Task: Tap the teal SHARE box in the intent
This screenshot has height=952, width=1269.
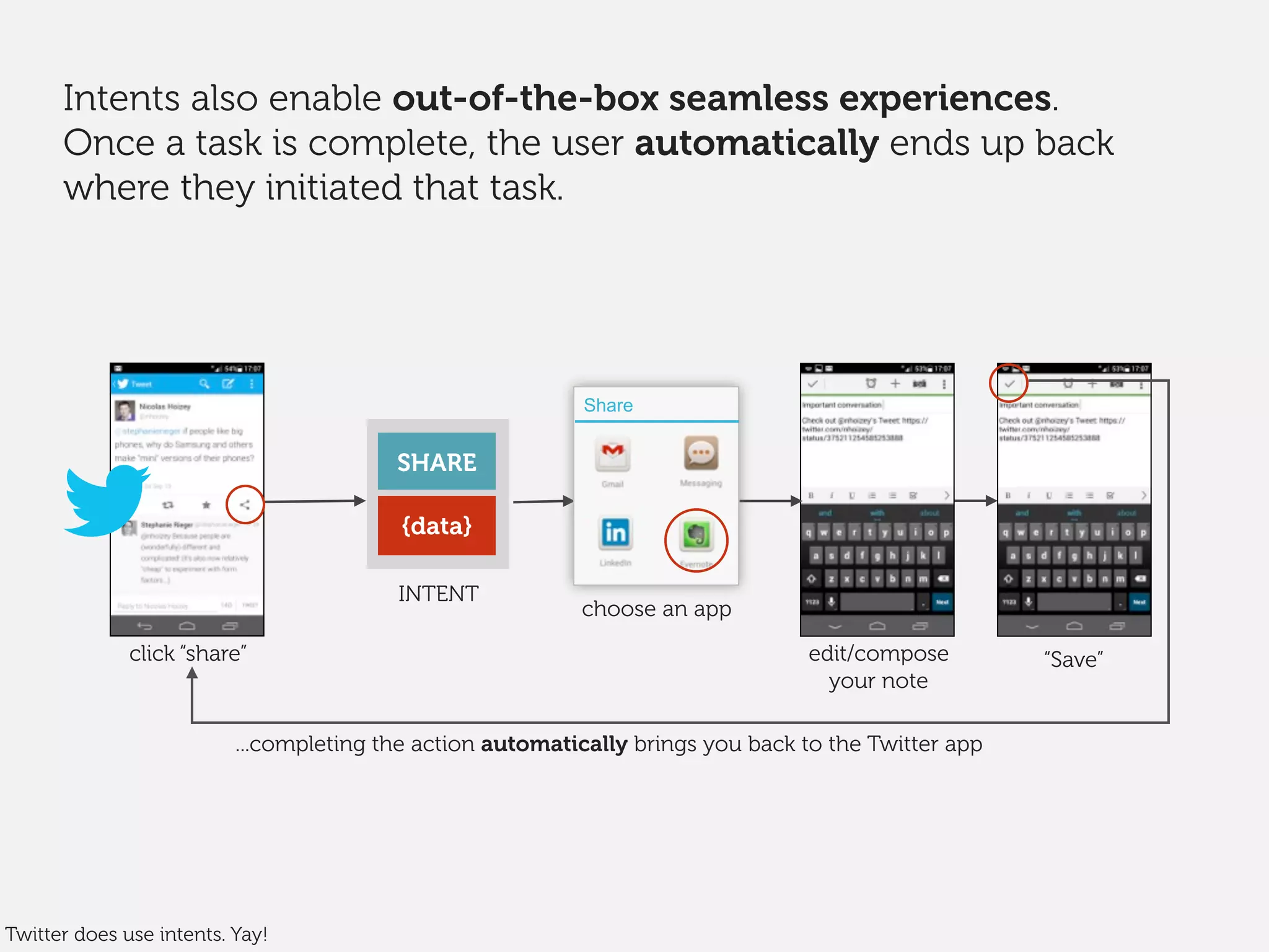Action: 436,462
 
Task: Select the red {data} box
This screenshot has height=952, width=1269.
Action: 436,526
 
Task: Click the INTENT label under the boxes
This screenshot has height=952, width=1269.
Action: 438,594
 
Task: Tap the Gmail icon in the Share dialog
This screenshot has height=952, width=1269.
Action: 612,454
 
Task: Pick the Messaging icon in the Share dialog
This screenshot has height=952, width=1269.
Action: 701,453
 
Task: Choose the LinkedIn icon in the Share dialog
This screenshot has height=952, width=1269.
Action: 615,533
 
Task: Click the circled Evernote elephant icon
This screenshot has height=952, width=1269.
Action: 696,536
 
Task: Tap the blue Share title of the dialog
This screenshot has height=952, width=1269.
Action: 608,405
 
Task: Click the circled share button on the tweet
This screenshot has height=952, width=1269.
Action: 245,505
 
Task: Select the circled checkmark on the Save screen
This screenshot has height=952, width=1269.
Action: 1009,384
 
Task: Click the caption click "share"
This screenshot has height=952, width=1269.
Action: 188,653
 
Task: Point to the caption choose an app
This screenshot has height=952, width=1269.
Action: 656,609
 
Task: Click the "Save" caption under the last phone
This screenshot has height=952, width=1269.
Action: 1073,659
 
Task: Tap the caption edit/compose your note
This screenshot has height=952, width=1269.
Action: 878,667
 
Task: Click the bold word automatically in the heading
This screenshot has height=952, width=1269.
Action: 757,143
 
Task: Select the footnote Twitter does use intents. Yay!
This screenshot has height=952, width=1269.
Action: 136,934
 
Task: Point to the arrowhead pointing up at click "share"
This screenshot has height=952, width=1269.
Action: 192,675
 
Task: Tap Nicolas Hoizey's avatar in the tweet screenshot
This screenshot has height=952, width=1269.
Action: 125,410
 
